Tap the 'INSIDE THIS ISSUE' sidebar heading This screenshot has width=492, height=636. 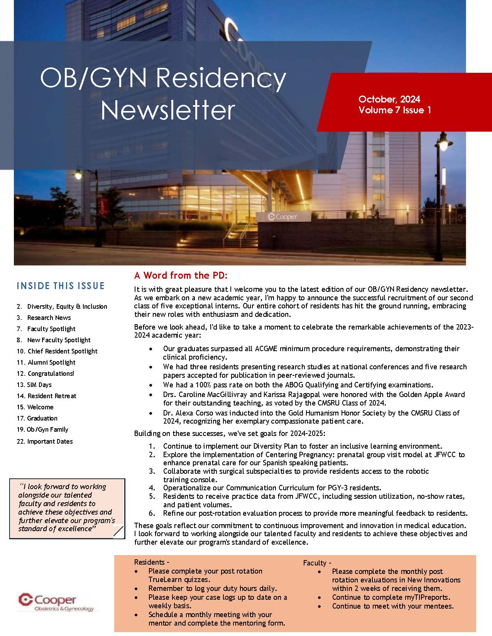tap(61, 286)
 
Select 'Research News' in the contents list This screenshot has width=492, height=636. tap(49, 318)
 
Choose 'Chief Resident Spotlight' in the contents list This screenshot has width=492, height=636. tap(62, 351)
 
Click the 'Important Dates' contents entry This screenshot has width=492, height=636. tap(50, 441)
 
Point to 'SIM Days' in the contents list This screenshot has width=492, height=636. tap(39, 385)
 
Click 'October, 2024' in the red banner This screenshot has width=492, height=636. tap(389, 99)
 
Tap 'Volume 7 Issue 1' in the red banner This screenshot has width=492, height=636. tap(394, 110)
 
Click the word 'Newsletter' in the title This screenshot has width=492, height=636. tap(168, 110)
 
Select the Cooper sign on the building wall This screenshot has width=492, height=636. tap(283, 217)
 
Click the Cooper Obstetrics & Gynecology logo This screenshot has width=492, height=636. tap(56, 602)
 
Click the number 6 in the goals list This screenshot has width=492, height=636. tap(152, 513)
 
